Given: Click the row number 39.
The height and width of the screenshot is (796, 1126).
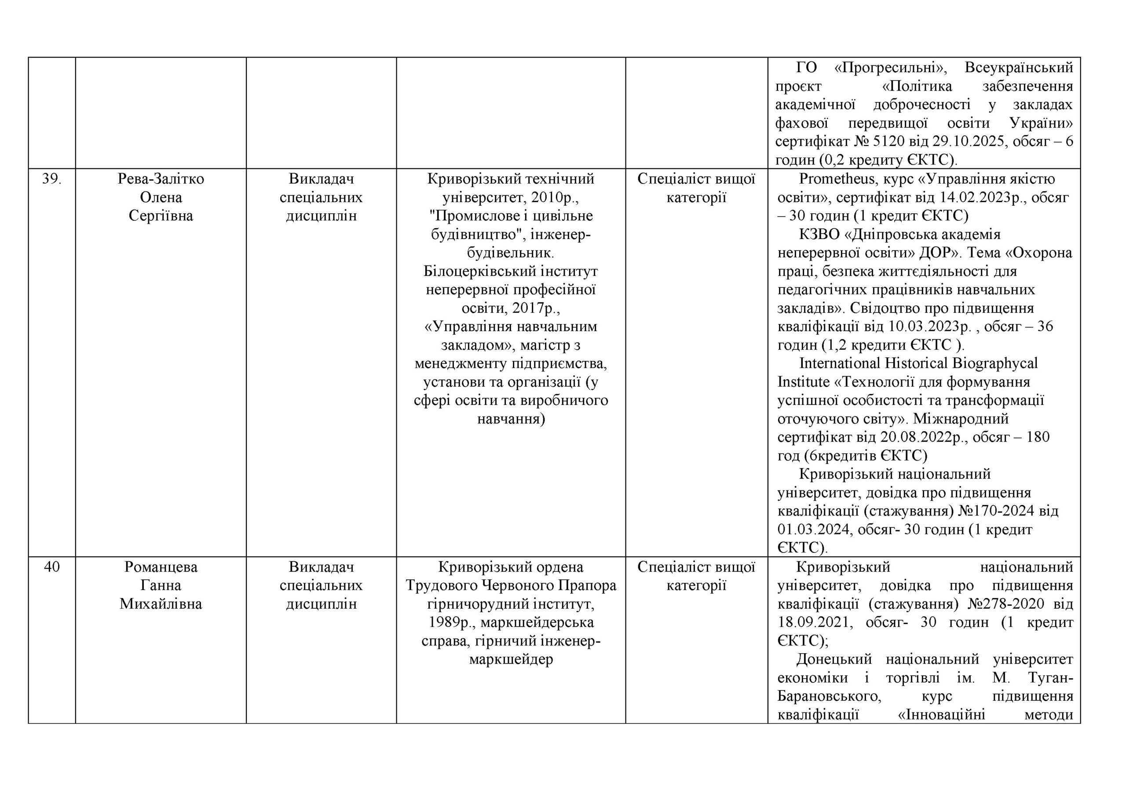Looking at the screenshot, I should coord(51,179).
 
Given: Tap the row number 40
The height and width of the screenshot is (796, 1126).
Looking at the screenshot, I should coord(51,567).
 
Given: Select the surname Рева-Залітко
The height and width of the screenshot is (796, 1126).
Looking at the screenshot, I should coord(161,179).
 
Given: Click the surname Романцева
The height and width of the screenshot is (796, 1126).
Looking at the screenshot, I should coord(161,567).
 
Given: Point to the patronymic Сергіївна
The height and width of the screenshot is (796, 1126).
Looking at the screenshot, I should coord(161,216).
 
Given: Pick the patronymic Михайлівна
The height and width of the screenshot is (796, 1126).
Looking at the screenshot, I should coord(161,604).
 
